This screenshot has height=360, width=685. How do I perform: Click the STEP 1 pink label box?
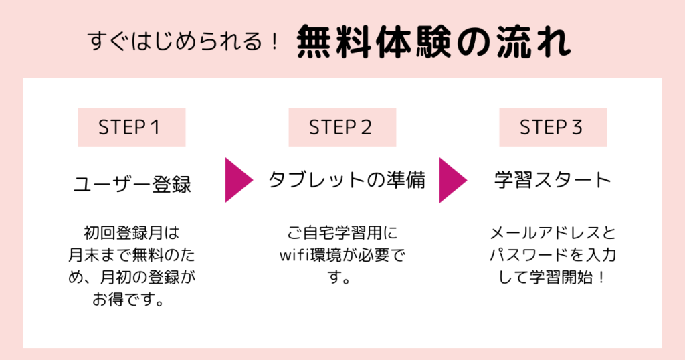132,128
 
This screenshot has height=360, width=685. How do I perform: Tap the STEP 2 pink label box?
342,128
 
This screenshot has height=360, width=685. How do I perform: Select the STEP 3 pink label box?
553,128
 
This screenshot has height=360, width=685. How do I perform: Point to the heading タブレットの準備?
347,180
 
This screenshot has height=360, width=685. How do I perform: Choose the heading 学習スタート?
553,180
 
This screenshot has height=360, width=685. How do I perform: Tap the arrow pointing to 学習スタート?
452,180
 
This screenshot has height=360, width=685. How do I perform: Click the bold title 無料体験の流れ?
433,43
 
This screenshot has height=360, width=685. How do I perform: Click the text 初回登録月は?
132,234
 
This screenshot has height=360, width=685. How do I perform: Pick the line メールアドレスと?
553,234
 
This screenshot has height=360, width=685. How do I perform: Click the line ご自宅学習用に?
342,234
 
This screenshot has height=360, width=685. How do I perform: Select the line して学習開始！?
553,277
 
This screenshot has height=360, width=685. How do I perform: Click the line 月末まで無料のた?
132,256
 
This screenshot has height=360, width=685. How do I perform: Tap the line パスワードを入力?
553,256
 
